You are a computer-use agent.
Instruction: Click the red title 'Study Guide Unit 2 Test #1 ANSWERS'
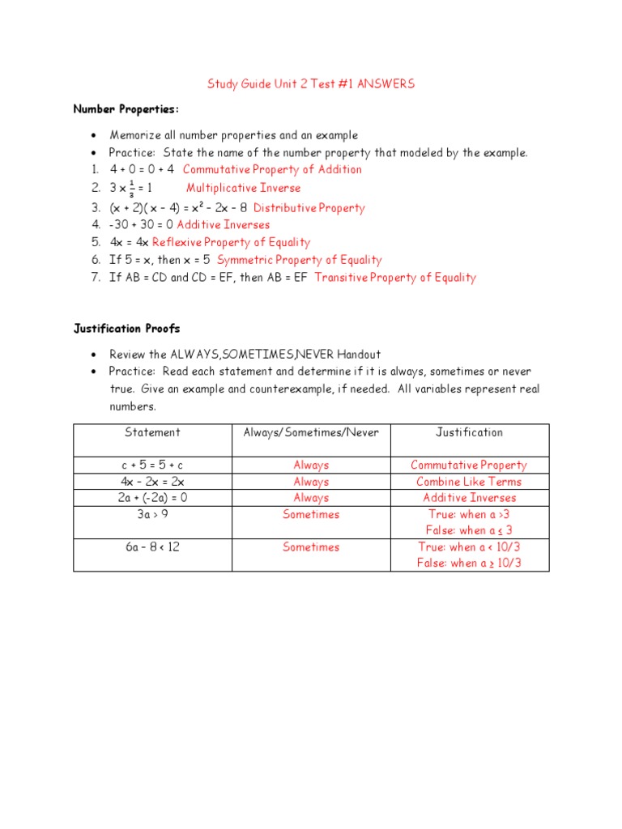pyautogui.click(x=311, y=84)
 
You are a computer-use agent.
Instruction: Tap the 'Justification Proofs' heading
pyautogui.click(x=126, y=329)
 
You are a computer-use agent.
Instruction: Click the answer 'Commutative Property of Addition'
pyautogui.click(x=272, y=169)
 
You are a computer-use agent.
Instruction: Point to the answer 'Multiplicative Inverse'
pyautogui.click(x=244, y=188)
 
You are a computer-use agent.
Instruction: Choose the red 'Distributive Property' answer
pyautogui.click(x=309, y=207)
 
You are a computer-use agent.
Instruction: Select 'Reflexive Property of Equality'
pyautogui.click(x=231, y=242)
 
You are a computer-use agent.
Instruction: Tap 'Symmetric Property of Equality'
pyautogui.click(x=300, y=260)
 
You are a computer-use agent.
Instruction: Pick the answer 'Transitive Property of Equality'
pyautogui.click(x=395, y=278)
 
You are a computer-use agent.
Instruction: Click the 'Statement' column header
pyautogui.click(x=152, y=432)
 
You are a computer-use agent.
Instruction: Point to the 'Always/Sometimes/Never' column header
pyautogui.click(x=311, y=432)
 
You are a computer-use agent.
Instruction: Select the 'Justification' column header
pyautogui.click(x=469, y=432)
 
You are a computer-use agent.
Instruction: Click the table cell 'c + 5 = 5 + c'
pyautogui.click(x=152, y=466)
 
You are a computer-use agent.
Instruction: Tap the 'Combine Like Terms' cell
pyautogui.click(x=469, y=482)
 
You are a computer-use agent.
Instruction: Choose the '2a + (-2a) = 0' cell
pyautogui.click(x=152, y=498)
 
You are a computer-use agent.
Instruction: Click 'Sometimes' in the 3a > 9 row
pyautogui.click(x=311, y=515)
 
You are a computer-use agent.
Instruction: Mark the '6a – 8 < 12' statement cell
pyautogui.click(x=152, y=547)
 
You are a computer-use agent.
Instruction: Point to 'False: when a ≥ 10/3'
pyautogui.click(x=469, y=563)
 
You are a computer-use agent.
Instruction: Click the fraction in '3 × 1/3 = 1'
pyautogui.click(x=131, y=188)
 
